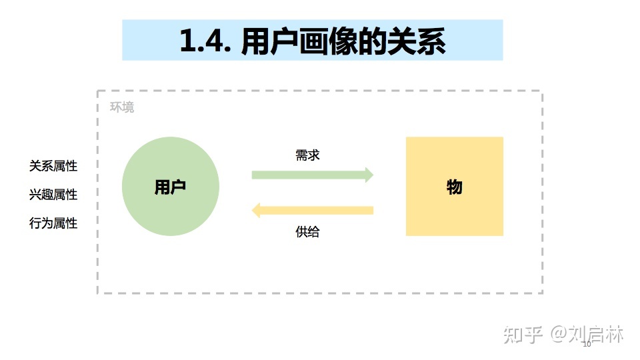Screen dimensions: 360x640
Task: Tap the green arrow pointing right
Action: click(x=307, y=175)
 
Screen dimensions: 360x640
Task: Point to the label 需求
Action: click(x=307, y=155)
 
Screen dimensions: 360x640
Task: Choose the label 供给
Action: click(x=307, y=232)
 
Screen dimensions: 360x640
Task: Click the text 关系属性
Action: click(x=53, y=166)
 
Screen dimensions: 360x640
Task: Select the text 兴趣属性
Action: click(x=53, y=195)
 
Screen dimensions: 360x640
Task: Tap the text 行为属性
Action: click(x=53, y=223)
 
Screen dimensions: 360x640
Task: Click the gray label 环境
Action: click(x=122, y=107)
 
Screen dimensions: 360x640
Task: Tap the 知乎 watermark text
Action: click(x=523, y=335)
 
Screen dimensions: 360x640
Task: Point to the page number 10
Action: click(x=587, y=345)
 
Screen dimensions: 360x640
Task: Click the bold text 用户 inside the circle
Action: click(x=170, y=187)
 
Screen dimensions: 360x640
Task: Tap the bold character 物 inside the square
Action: click(x=454, y=187)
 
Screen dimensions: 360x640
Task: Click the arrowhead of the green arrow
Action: click(x=368, y=175)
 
